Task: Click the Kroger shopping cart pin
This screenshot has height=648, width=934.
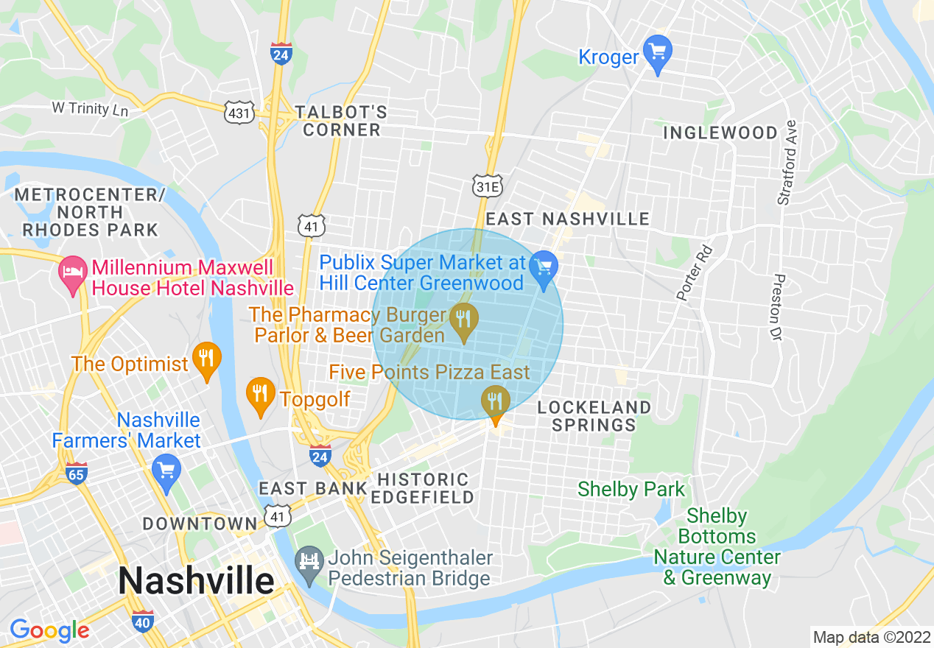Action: (x=657, y=53)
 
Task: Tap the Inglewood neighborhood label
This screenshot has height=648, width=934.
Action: (x=720, y=133)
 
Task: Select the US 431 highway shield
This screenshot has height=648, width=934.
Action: (x=240, y=113)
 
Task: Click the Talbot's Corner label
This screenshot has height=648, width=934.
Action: (x=340, y=121)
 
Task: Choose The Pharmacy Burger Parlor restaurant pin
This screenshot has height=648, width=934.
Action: (x=463, y=321)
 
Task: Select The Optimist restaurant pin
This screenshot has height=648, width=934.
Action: (x=206, y=359)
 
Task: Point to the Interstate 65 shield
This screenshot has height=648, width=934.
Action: (x=77, y=473)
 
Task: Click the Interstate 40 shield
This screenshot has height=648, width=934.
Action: (x=143, y=621)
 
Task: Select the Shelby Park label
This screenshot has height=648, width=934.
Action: (x=631, y=490)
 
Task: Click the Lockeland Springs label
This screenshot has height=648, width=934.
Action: (x=594, y=416)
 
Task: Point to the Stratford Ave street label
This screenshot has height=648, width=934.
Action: (x=787, y=163)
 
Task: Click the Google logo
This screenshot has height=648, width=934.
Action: (x=49, y=630)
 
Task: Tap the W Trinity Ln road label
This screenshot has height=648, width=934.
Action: (x=90, y=108)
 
